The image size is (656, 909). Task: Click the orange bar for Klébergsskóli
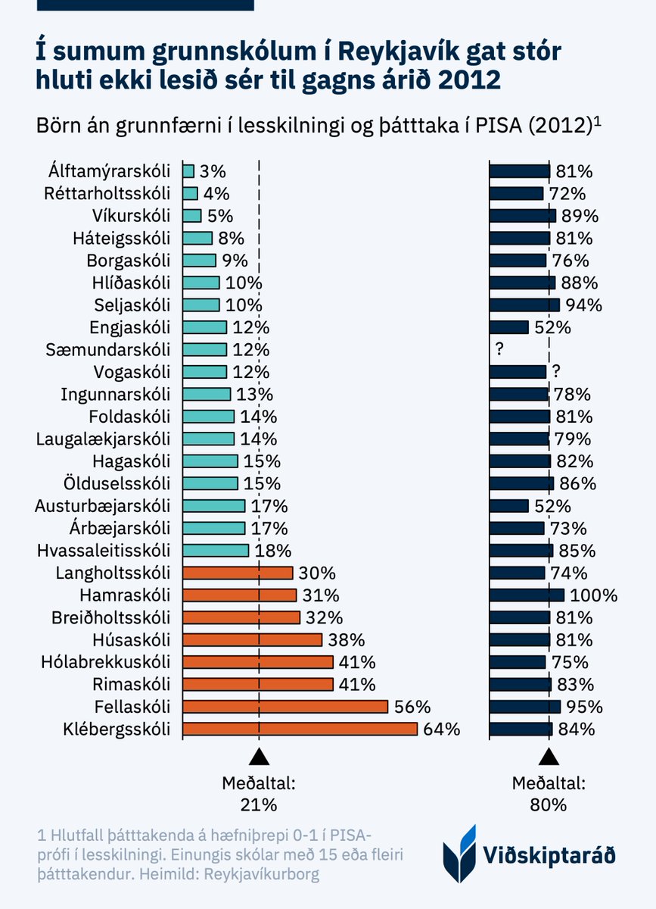[300, 729]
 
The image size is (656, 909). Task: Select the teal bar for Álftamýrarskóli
[188, 171]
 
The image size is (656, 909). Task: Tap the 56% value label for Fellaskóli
[412, 708]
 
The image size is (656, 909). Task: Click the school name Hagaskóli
[133, 461]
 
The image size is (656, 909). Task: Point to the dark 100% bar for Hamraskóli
[527, 595]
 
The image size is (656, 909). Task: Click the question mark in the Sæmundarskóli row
[499, 350]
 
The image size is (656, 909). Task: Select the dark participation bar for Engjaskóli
[508, 327]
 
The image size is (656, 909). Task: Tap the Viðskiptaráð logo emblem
[459, 854]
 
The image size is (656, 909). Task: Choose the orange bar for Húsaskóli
[253, 640]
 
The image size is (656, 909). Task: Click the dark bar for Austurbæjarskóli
[508, 506]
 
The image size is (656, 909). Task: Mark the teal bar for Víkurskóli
[192, 216]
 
